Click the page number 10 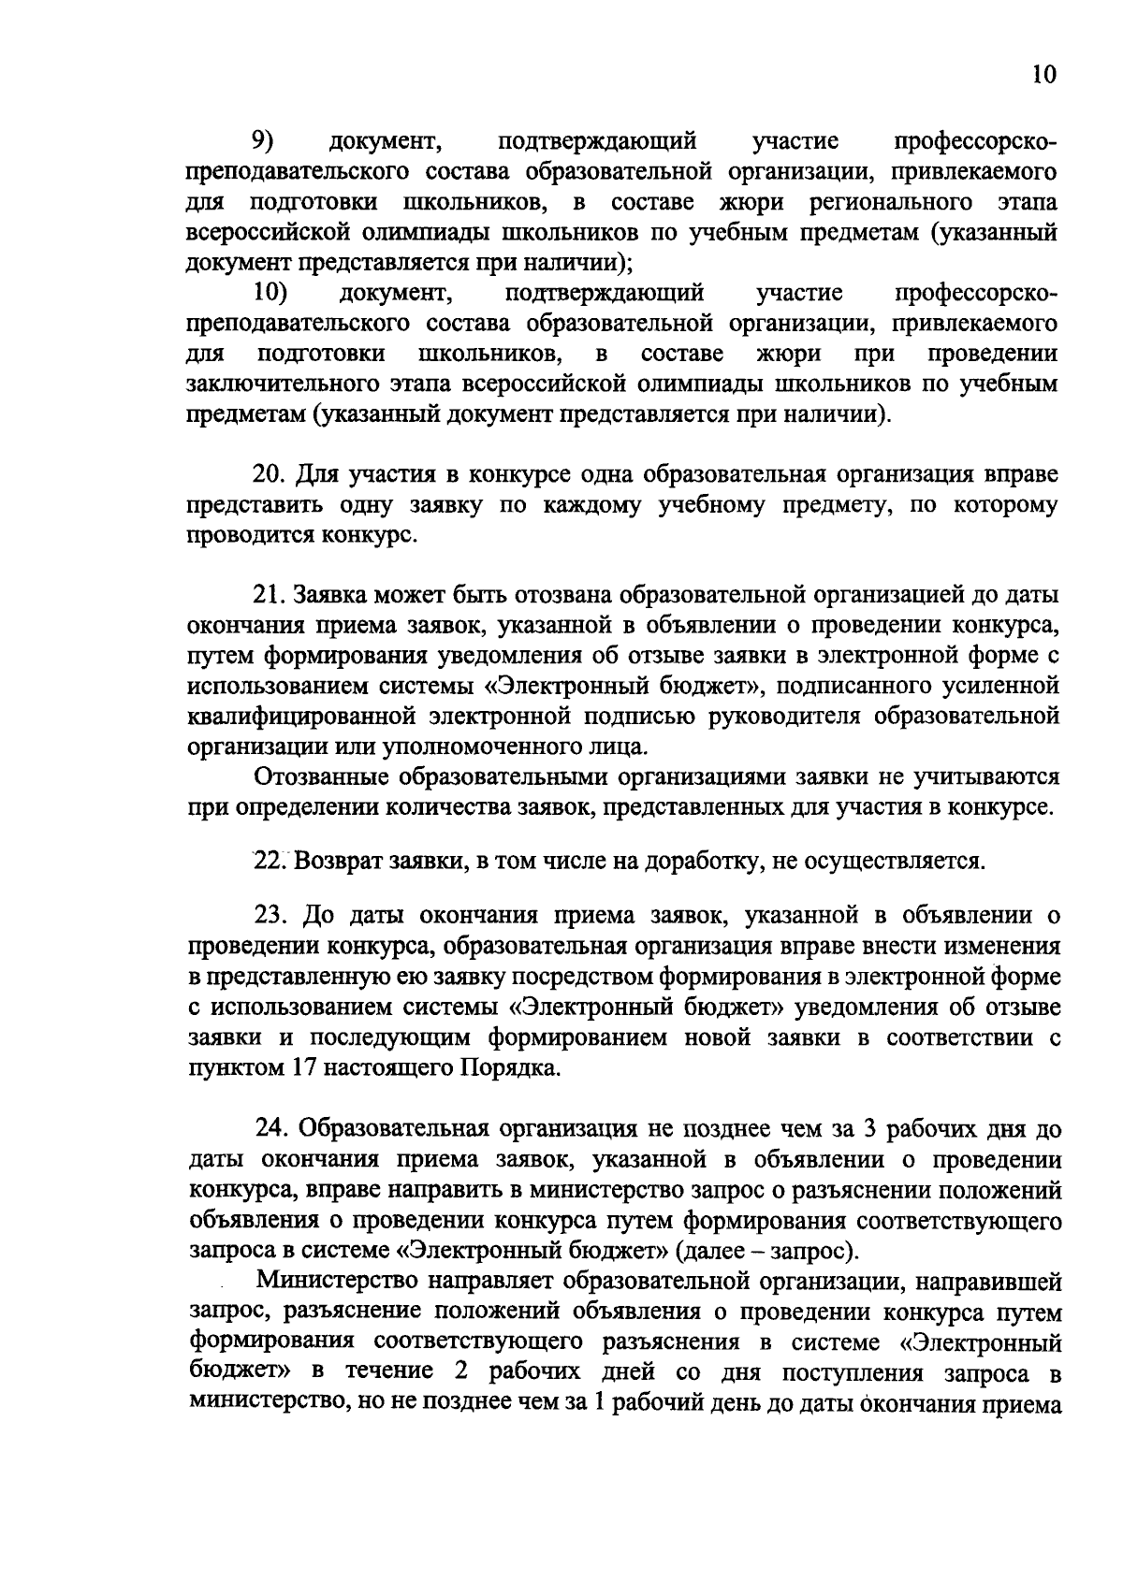point(1044,76)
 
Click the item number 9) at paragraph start point(261,141)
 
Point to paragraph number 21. point(269,595)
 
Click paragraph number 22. point(269,860)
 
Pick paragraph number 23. point(270,915)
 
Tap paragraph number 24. point(271,1129)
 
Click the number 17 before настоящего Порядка point(301,1067)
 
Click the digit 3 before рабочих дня point(869,1129)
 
